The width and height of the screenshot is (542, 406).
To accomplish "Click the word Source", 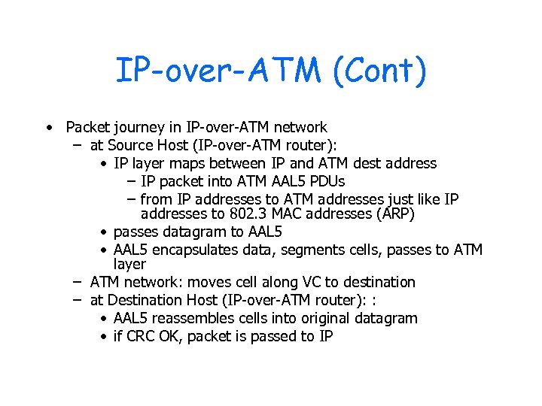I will [x=132, y=145].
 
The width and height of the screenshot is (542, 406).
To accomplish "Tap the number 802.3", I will [x=230, y=214].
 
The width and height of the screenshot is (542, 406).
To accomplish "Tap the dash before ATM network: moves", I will [x=77, y=282].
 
